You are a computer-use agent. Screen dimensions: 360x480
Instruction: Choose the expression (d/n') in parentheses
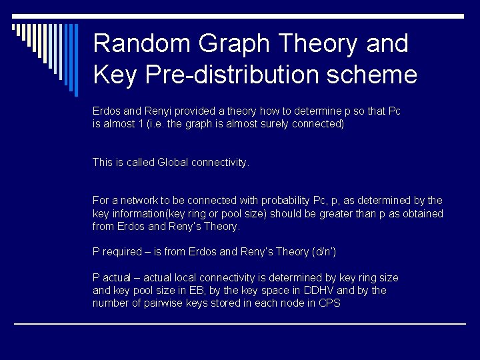pos(324,252)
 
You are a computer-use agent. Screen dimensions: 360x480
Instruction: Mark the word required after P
pos(122,252)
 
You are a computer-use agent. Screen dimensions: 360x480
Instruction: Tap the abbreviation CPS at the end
pos(329,303)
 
